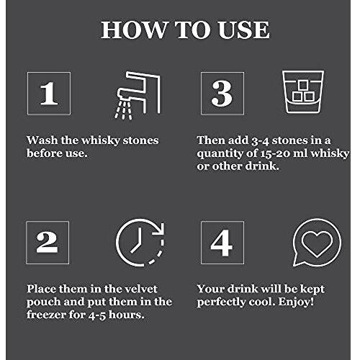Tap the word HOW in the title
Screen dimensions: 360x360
[x=133, y=30]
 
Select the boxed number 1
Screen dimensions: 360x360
[x=49, y=94]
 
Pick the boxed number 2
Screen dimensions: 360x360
[x=48, y=243]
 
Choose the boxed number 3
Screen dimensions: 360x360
[x=222, y=94]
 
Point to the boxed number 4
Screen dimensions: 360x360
[x=222, y=243]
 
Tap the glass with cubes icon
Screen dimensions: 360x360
[x=303, y=92]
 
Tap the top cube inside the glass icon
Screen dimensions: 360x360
[x=303, y=85]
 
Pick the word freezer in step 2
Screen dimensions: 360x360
[x=46, y=315]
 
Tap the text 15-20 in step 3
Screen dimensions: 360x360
[x=275, y=153]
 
